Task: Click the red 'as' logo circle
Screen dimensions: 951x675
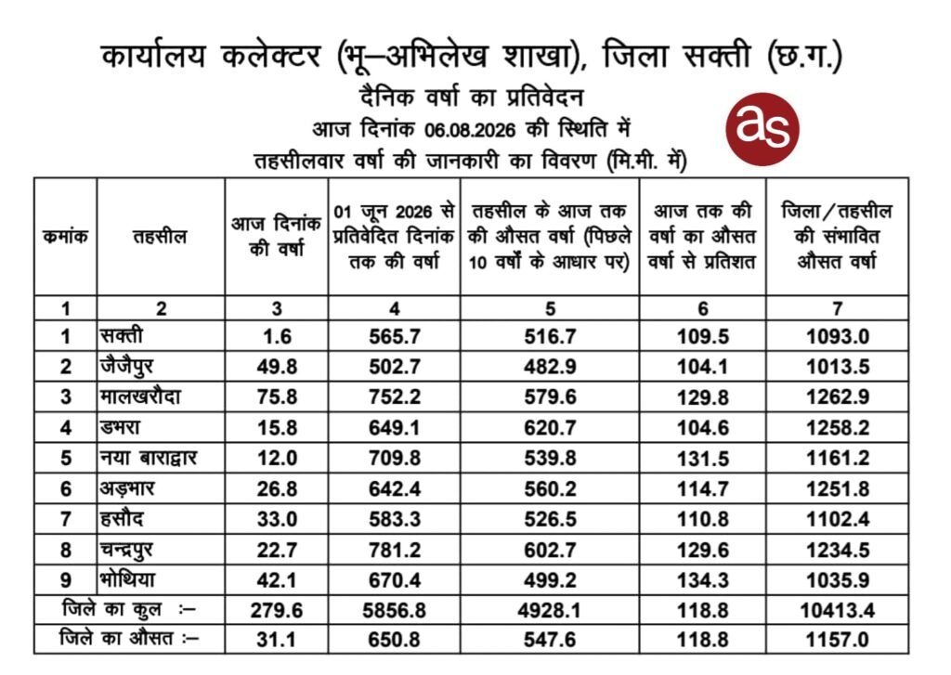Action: click(x=762, y=129)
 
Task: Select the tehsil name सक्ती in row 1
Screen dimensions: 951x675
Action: click(x=122, y=335)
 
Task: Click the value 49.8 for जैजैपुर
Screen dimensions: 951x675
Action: click(x=277, y=367)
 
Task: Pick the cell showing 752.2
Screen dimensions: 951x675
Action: click(x=394, y=396)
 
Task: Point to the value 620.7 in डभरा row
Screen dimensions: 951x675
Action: click(x=550, y=427)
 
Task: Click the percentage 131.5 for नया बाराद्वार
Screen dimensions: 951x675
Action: click(x=702, y=458)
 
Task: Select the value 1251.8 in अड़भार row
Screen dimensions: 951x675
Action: click(x=837, y=488)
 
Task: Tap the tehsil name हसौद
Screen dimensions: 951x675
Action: click(x=122, y=519)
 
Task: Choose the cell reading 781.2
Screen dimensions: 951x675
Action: click(x=394, y=550)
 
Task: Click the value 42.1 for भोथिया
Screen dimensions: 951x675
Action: click(x=277, y=580)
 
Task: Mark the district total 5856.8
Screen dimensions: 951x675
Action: click(x=394, y=610)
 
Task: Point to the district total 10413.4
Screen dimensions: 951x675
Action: click(x=837, y=610)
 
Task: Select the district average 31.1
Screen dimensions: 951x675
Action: click(x=277, y=639)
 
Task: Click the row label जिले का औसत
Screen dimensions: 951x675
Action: click(x=116, y=638)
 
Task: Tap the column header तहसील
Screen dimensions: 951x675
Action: click(x=160, y=237)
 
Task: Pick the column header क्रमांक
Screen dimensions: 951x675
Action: click(x=66, y=236)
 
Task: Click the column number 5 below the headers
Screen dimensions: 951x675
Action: click(x=550, y=308)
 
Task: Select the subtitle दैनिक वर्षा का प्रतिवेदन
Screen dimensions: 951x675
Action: click(x=471, y=97)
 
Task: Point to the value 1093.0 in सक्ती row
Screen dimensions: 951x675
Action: click(x=837, y=336)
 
